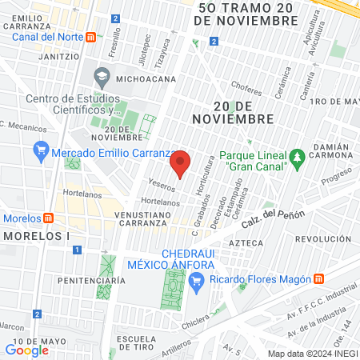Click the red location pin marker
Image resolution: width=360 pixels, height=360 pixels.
click(181, 162)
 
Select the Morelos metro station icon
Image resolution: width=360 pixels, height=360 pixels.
click(48, 218)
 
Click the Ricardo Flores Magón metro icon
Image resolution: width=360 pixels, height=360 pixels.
click(318, 278)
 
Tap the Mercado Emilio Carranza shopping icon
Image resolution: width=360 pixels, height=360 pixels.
click(41, 150)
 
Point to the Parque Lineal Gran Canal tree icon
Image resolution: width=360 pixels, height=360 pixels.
click(296, 155)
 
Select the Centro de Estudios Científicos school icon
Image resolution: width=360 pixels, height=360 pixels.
click(102, 78)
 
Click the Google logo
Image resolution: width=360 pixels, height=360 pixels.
click(26, 350)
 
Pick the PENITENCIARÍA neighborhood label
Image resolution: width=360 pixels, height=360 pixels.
click(92, 281)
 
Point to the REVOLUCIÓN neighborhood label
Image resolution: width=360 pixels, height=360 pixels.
click(323, 239)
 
